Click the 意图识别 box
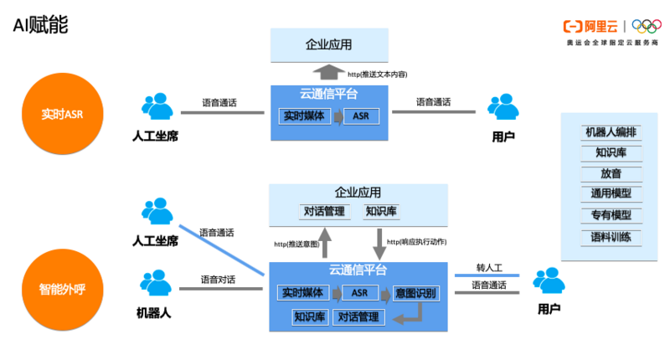(415, 293)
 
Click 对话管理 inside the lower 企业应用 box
(322, 211)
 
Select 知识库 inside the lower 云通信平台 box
(308, 317)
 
